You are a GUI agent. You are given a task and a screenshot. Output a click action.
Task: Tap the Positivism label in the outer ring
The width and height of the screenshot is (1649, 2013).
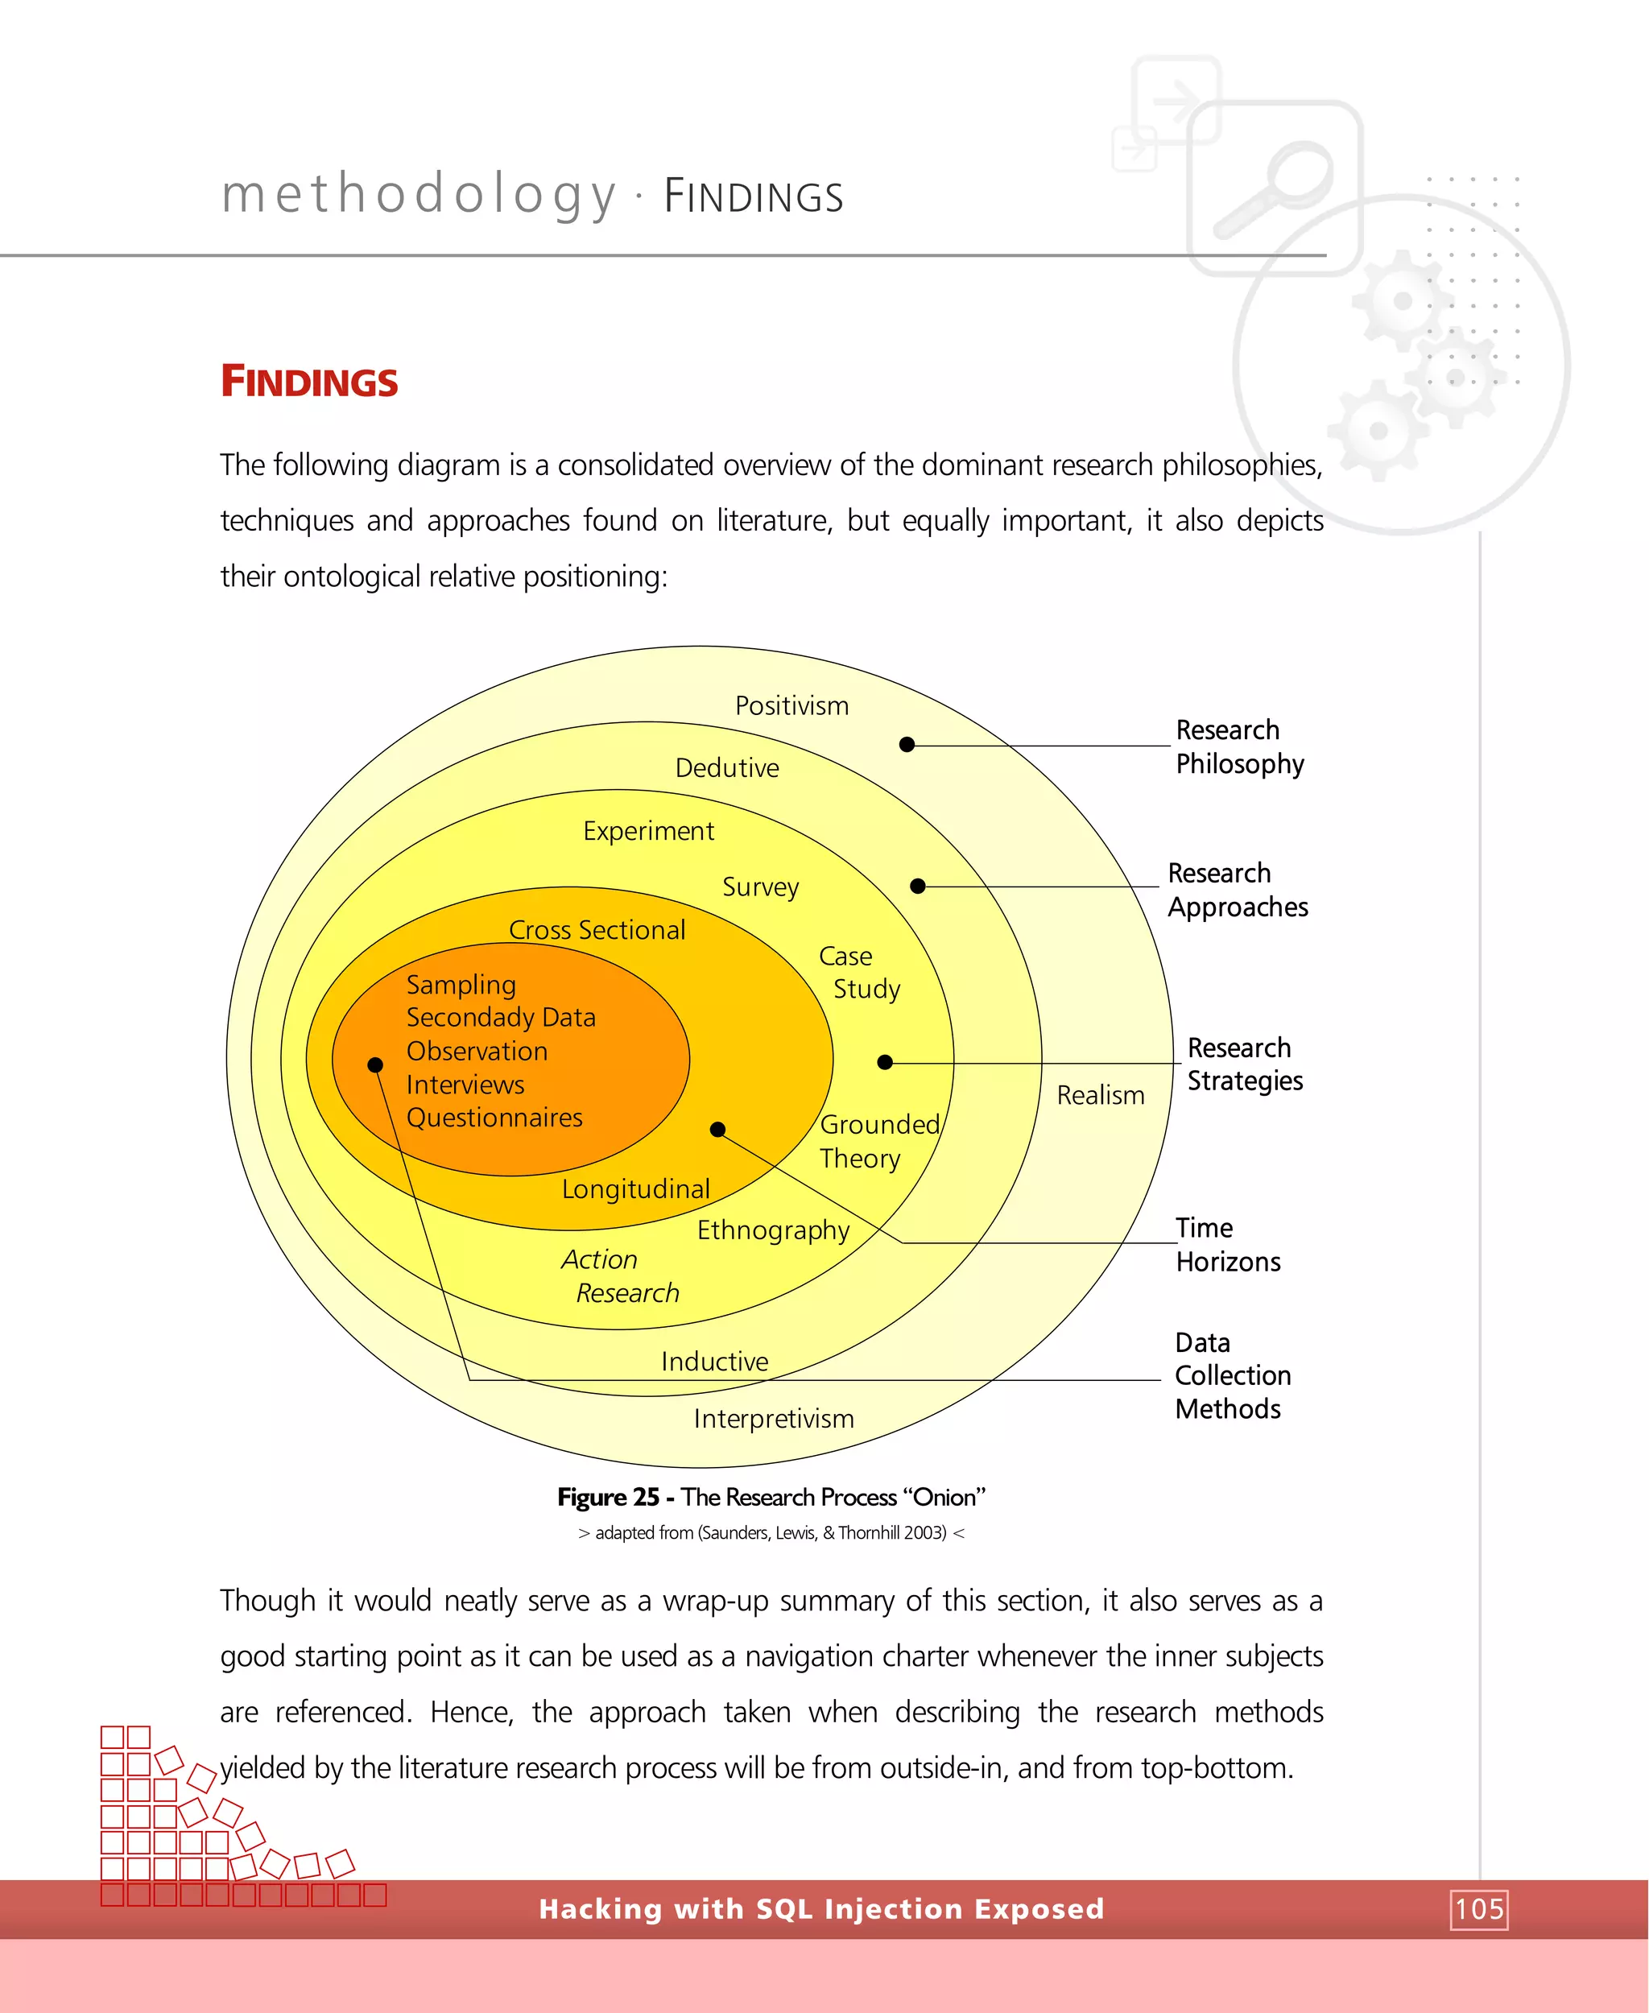(791, 706)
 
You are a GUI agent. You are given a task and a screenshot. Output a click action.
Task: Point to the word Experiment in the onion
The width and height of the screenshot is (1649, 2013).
(648, 831)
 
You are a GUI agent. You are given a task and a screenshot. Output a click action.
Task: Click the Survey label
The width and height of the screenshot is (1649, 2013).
(760, 887)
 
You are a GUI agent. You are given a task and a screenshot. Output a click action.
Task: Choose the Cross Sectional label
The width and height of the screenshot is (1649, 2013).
(597, 930)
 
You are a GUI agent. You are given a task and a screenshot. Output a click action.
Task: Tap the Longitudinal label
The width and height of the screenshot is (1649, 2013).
(635, 1188)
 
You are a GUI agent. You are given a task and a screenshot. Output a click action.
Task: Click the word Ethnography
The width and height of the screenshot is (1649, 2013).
(773, 1230)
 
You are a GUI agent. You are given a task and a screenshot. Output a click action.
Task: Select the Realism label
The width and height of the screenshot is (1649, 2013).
(1100, 1095)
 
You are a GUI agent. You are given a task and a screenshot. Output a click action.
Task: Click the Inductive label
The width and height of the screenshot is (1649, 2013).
(714, 1362)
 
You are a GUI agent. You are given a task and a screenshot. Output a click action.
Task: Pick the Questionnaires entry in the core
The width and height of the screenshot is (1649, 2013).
(494, 1118)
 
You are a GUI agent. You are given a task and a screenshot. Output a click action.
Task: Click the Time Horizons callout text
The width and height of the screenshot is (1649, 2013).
(1227, 1245)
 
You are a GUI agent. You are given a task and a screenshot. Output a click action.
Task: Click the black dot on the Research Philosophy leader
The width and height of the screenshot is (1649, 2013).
(907, 745)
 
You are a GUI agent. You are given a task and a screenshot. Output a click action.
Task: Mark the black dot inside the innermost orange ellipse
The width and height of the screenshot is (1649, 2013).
(375, 1065)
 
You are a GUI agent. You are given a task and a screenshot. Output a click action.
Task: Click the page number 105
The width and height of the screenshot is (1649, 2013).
(1479, 1908)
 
